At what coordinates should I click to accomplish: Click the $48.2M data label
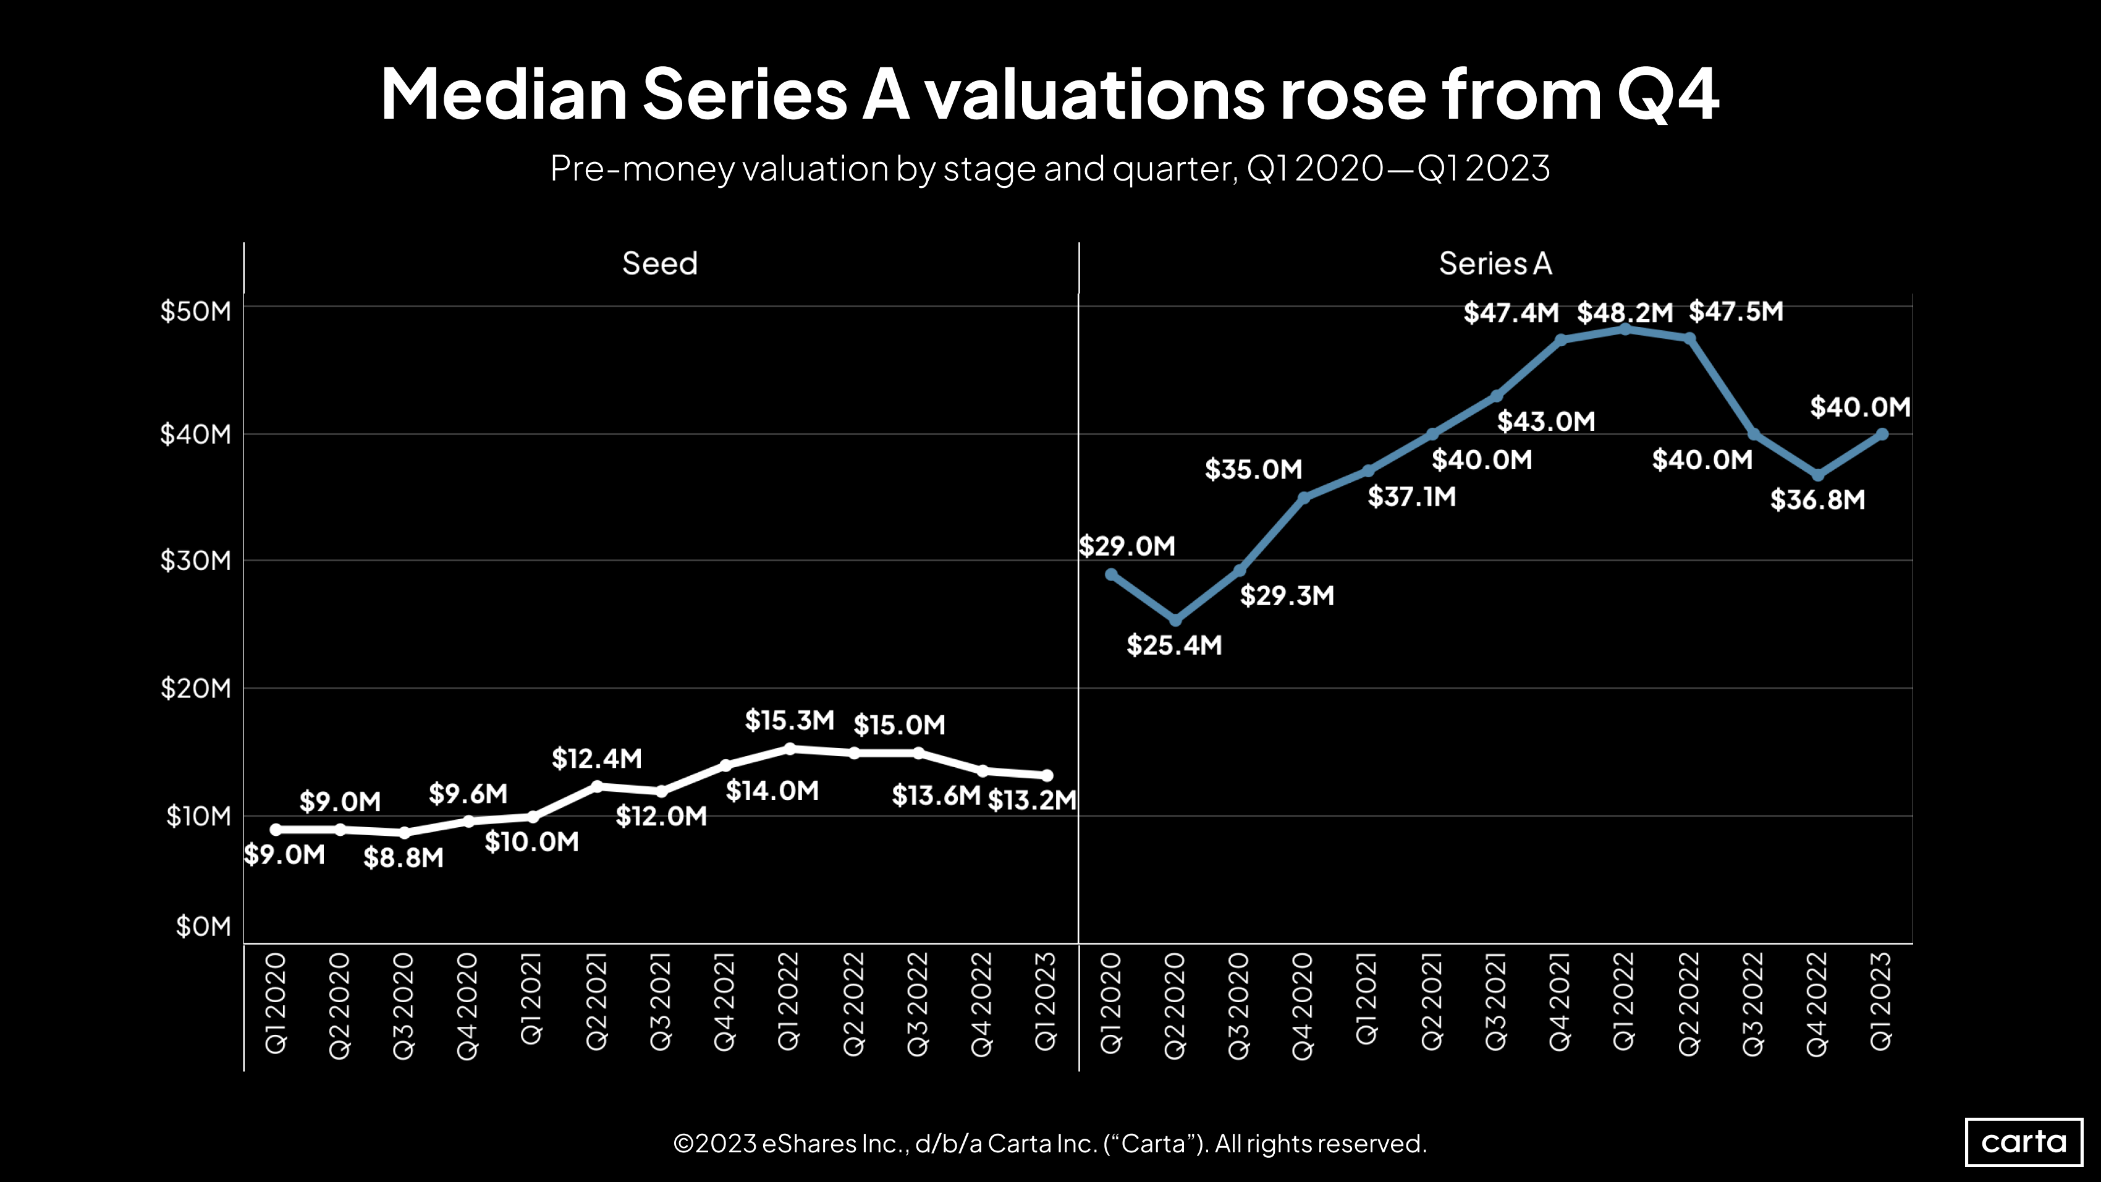(x=1625, y=312)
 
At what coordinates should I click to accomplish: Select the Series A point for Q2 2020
(x=1175, y=621)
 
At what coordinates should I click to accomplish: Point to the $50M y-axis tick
(x=196, y=311)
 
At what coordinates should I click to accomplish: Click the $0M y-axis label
(x=203, y=927)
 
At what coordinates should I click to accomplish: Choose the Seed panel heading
(x=660, y=263)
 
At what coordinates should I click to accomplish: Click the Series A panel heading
(x=1495, y=263)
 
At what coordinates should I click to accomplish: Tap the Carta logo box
(x=2024, y=1141)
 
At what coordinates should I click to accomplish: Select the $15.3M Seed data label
(x=788, y=720)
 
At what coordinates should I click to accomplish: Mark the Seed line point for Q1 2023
(x=1047, y=776)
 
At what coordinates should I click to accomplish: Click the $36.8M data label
(x=1817, y=500)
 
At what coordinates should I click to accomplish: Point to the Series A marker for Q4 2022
(x=1817, y=475)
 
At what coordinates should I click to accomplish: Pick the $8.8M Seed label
(x=403, y=858)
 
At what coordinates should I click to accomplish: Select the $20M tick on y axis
(x=196, y=689)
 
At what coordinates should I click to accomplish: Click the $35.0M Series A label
(x=1254, y=470)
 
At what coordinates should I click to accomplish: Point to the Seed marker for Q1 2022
(x=788, y=748)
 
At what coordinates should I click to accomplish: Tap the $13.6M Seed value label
(x=936, y=796)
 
